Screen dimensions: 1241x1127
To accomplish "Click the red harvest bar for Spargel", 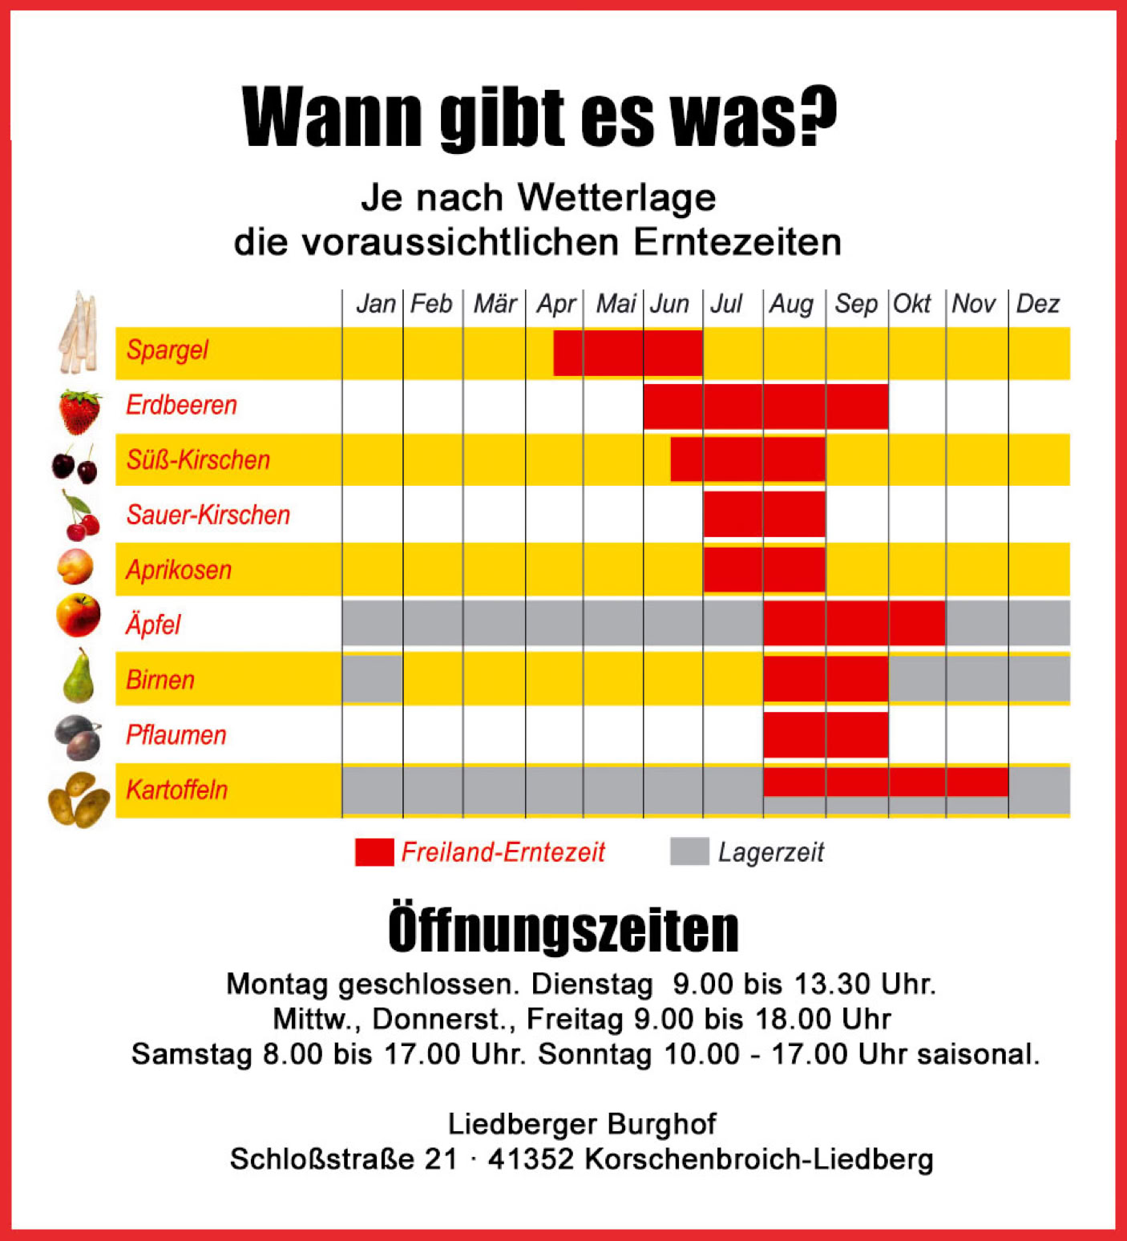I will (628, 353).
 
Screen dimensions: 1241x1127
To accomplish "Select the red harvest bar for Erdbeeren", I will (765, 406).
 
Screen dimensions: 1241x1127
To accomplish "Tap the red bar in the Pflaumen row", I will (826, 734).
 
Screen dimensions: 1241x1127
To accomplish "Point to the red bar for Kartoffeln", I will (885, 782).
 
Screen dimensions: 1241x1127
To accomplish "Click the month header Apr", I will (555, 304).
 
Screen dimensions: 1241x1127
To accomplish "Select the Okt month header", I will (912, 304).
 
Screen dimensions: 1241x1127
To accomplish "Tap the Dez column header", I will (1037, 304).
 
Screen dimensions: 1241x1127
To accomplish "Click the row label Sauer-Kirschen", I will (208, 515).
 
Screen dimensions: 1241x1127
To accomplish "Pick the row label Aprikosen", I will (179, 570).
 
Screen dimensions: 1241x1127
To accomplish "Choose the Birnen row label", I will (160, 680).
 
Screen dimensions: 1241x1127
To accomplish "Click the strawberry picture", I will (79, 410).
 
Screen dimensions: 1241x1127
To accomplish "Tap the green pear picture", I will (79, 677).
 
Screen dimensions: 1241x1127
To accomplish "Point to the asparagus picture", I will (79, 333).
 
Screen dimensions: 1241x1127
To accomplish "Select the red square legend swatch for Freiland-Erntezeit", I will (374, 851).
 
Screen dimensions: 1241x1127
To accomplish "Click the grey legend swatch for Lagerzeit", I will (689, 851).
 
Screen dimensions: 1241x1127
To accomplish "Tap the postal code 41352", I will (531, 1159).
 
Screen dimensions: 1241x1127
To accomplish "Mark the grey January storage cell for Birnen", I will (372, 679).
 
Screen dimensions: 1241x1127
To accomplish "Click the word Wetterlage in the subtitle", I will (616, 198).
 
